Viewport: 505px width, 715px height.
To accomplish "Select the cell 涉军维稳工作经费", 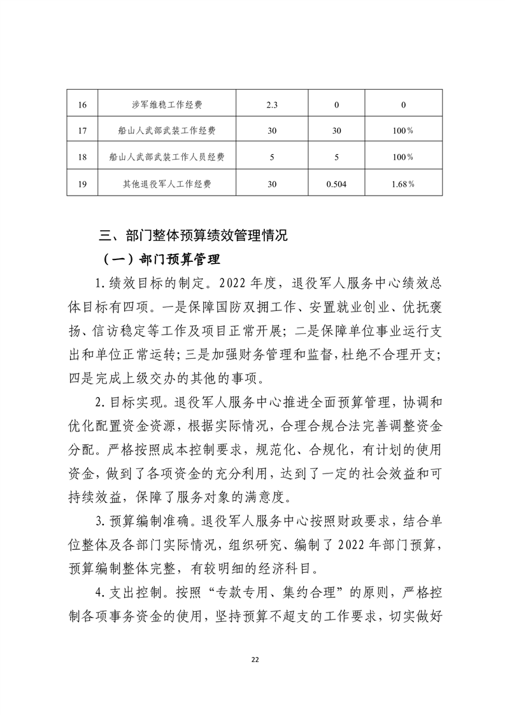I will tap(167, 104).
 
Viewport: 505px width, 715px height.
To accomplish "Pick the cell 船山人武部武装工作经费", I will tap(167, 131).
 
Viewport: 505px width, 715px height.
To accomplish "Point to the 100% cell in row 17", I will tap(403, 131).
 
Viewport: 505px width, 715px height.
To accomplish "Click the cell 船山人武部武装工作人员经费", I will tap(167, 157).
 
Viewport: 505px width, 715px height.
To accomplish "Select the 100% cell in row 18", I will tap(403, 157).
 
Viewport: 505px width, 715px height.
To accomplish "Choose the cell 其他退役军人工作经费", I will tap(167, 184).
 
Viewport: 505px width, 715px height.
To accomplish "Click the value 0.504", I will tap(336, 184).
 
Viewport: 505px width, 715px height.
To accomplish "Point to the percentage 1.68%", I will tap(403, 184).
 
